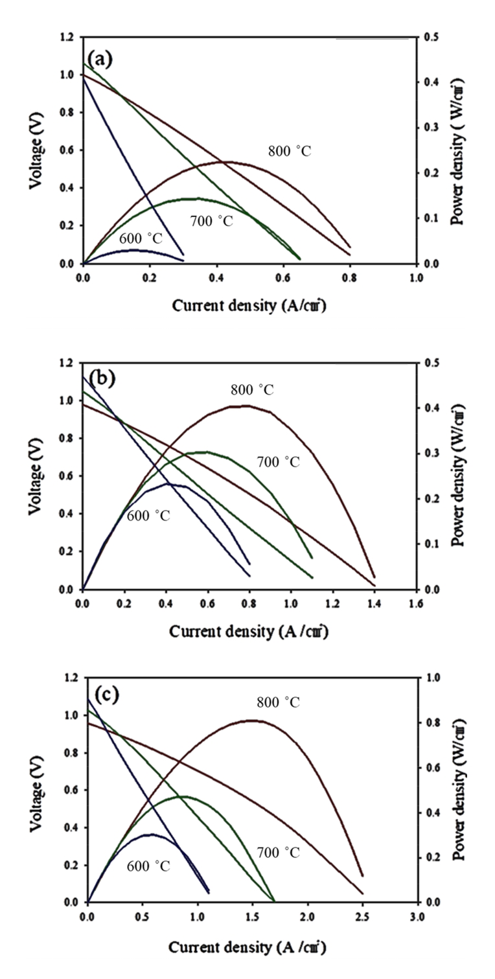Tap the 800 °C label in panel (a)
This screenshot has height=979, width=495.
(290, 151)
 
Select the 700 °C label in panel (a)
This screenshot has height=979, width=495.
(211, 222)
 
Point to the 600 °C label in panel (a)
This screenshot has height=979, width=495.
(143, 238)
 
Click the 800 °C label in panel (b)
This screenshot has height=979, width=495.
(252, 391)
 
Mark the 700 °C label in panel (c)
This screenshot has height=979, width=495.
(278, 852)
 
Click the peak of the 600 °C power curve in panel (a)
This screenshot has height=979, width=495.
(134, 249)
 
